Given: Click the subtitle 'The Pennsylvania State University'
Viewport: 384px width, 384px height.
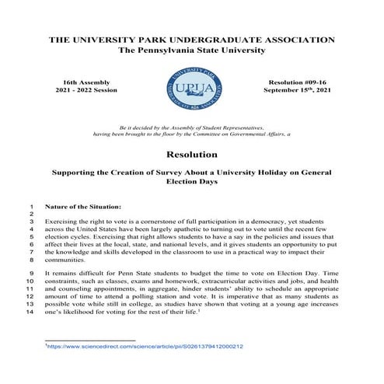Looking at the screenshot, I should pos(191,50).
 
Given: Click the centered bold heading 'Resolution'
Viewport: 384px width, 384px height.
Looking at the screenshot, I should pos(191,154).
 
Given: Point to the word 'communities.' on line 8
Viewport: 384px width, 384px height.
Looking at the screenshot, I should pos(67,260).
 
